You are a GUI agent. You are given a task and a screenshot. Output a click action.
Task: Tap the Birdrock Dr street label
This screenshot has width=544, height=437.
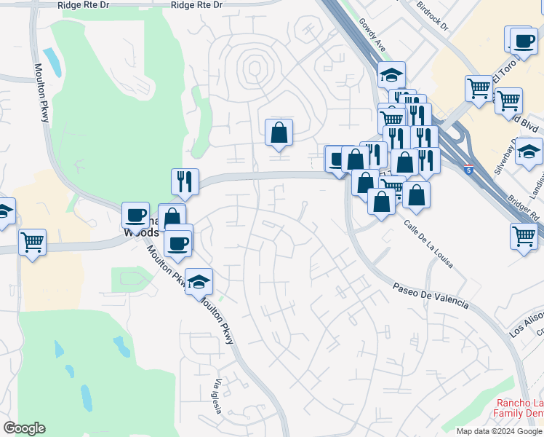tap(433, 15)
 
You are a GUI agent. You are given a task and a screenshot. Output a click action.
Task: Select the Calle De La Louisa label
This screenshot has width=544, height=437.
tap(429, 243)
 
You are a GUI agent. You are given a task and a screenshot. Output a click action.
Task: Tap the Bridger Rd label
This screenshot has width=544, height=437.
tap(524, 207)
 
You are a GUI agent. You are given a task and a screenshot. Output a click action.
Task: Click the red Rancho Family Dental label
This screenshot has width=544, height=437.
tap(519, 409)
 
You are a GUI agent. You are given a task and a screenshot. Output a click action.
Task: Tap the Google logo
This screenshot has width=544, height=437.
tap(24, 428)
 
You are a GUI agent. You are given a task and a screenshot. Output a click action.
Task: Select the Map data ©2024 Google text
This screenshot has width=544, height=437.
tap(498, 431)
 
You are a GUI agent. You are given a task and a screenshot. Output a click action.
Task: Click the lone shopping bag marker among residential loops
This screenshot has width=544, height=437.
tap(279, 133)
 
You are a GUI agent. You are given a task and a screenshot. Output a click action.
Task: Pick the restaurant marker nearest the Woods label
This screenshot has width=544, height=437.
tap(185, 183)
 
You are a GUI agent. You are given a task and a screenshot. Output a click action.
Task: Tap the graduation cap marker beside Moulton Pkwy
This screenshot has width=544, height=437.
tap(199, 283)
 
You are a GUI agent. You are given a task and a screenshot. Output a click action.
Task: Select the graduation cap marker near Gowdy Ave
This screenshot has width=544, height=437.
tap(391, 75)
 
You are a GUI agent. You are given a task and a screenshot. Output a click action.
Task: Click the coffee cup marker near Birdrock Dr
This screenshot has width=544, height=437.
tap(523, 41)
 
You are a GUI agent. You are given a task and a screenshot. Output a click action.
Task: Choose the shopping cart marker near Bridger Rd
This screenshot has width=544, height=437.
tap(524, 237)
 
